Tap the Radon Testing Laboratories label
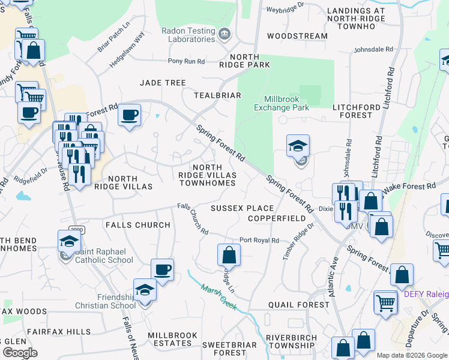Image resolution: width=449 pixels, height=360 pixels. [188, 35]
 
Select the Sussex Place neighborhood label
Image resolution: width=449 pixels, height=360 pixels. [242, 208]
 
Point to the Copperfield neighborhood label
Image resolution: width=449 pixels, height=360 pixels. [276, 218]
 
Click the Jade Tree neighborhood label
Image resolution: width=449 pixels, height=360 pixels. [163, 82]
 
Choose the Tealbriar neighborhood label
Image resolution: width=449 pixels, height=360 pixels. [217, 95]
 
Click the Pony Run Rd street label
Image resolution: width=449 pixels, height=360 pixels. [186, 61]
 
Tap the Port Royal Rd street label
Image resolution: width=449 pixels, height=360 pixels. [259, 240]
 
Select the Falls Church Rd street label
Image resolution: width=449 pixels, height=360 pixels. [193, 219]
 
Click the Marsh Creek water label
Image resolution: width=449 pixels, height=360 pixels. [218, 297]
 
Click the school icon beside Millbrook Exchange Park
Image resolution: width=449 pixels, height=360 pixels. [298, 146]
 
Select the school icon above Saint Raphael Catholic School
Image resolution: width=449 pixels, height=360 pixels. [70, 241]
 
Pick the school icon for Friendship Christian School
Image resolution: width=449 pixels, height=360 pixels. [145, 290]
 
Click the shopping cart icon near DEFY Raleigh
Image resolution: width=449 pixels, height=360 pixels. [385, 302]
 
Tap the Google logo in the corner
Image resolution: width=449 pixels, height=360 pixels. [20, 353]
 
